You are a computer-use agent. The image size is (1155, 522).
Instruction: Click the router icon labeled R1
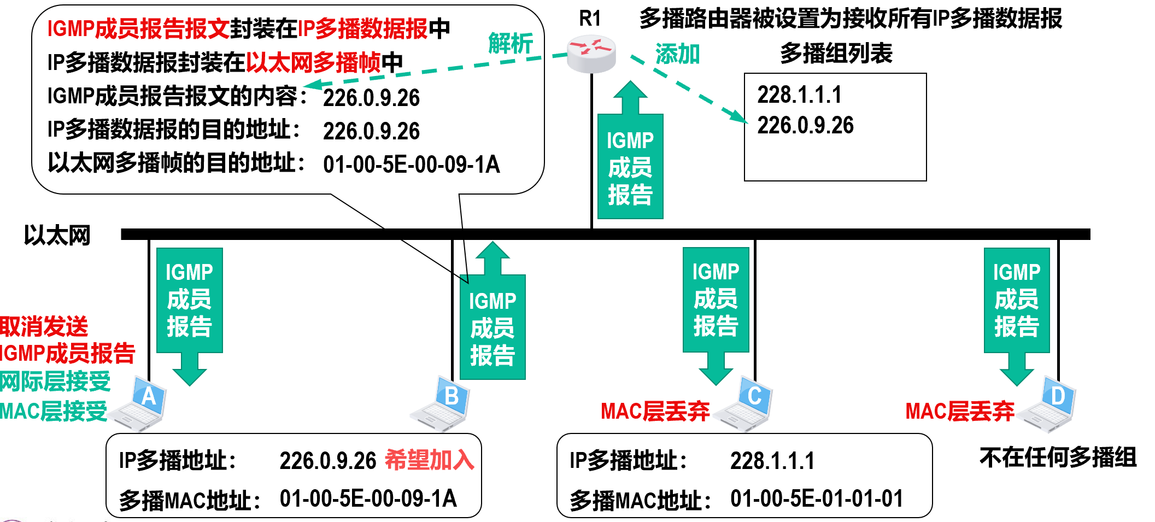pyautogui.click(x=591, y=54)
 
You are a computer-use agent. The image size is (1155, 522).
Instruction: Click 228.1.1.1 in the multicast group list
pyautogui.click(x=799, y=95)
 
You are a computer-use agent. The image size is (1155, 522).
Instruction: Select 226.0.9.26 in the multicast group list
pyautogui.click(x=805, y=126)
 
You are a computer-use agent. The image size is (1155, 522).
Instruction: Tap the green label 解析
pyautogui.click(x=510, y=44)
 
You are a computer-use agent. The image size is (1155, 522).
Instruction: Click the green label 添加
pyautogui.click(x=677, y=55)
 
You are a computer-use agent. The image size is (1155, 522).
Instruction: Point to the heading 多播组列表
pyautogui.click(x=836, y=54)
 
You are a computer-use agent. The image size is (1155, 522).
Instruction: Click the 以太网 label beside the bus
pyautogui.click(x=57, y=236)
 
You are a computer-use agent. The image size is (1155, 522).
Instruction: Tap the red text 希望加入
pyautogui.click(x=429, y=460)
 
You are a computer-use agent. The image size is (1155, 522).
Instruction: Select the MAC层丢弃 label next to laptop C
pyautogui.click(x=655, y=411)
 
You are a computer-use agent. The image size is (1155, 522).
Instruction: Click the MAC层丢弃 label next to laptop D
pyautogui.click(x=959, y=411)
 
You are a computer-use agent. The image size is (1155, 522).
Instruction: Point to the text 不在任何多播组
pyautogui.click(x=1058, y=458)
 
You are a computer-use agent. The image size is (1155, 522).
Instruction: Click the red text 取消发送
pyautogui.click(x=44, y=327)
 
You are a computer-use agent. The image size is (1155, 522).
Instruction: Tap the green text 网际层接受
pyautogui.click(x=55, y=382)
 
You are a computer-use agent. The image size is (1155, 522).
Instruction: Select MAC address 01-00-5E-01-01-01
pyautogui.click(x=816, y=498)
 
